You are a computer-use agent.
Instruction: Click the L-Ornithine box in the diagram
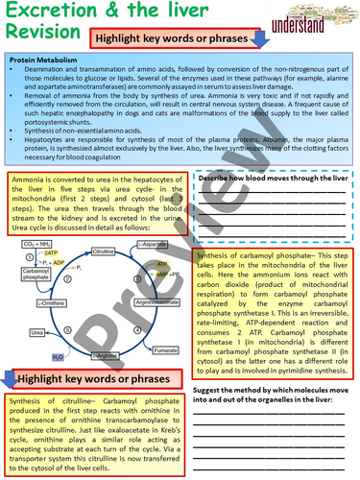click(x=52, y=302)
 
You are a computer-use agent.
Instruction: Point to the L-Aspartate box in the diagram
click(x=152, y=246)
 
